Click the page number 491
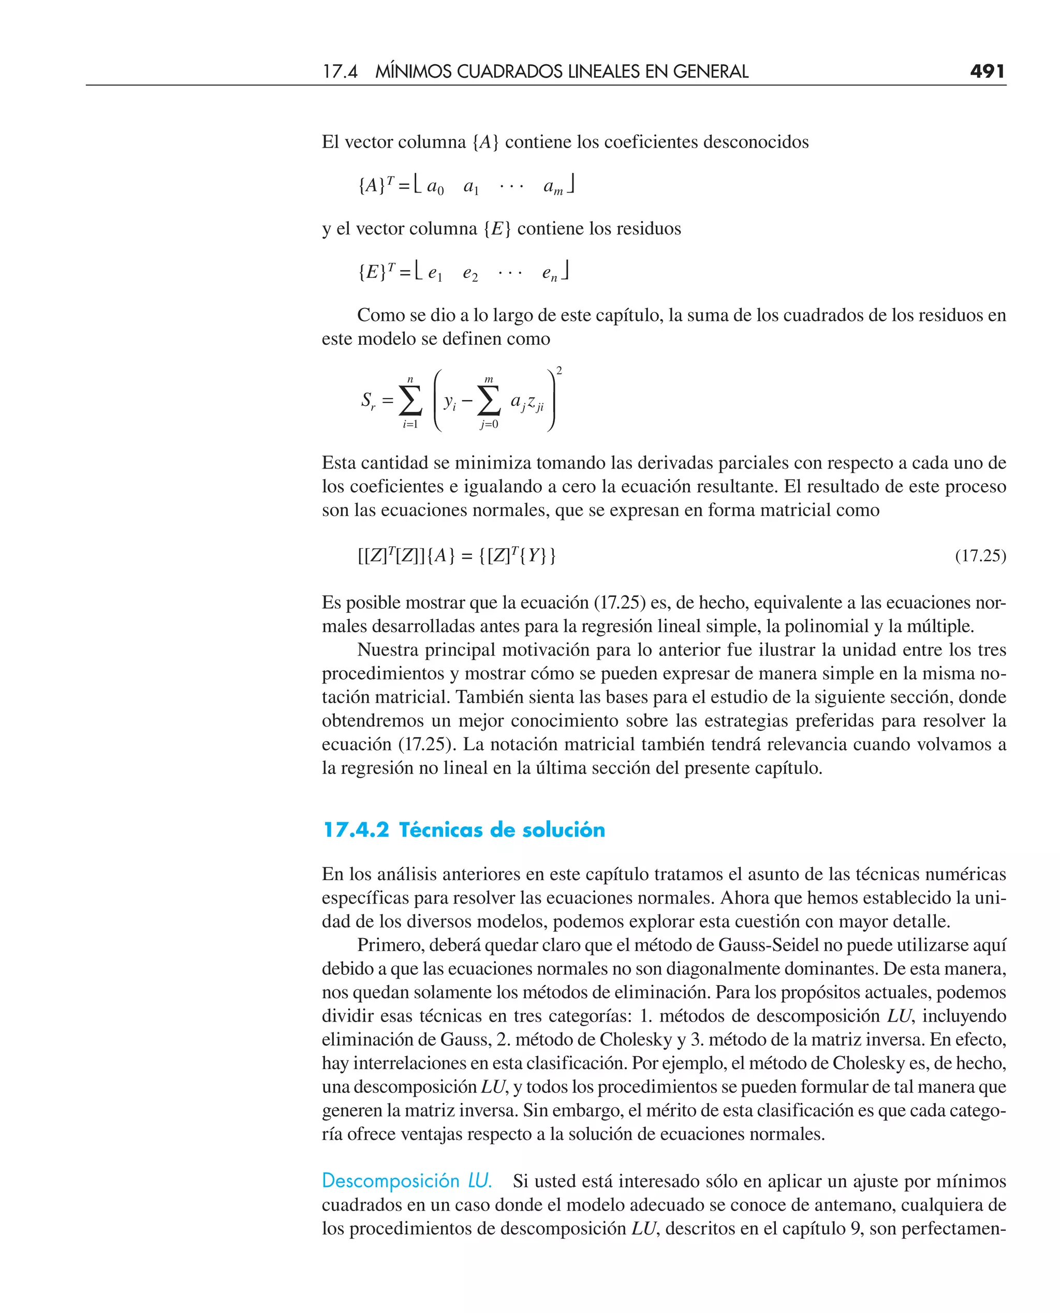click(987, 71)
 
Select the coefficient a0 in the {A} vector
click(435, 186)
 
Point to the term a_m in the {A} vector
click(553, 187)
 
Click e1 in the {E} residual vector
click(435, 273)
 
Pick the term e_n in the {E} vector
click(550, 273)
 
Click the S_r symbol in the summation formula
click(367, 401)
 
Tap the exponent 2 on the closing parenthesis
click(560, 371)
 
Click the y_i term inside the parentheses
click(449, 402)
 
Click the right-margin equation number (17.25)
click(980, 556)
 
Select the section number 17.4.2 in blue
click(356, 830)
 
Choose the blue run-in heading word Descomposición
click(391, 1180)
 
